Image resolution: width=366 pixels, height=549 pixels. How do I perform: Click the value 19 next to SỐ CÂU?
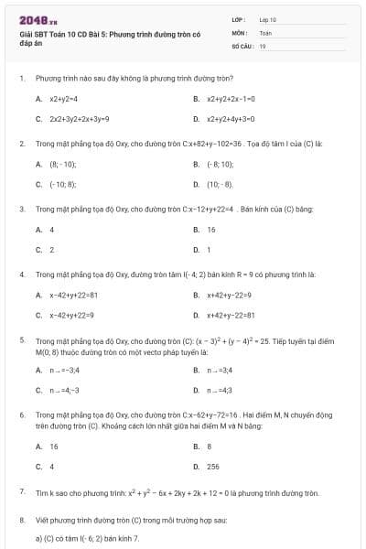pyautogui.click(x=263, y=45)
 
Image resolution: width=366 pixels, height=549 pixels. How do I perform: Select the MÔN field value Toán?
pyautogui.click(x=265, y=32)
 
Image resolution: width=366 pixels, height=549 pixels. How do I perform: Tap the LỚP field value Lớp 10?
pyautogui.click(x=267, y=19)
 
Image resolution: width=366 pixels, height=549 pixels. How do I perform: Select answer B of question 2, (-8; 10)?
pyautogui.click(x=221, y=164)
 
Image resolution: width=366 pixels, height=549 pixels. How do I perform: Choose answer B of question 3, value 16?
pyautogui.click(x=211, y=230)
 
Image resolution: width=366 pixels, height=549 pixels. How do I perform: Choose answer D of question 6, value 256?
pyautogui.click(x=213, y=467)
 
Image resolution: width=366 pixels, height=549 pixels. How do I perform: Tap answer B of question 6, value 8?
pyautogui.click(x=210, y=447)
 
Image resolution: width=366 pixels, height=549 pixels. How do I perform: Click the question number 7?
pyautogui.click(x=21, y=492)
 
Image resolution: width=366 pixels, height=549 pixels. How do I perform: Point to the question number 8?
pyautogui.click(x=21, y=520)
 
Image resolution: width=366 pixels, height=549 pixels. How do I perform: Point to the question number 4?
pyautogui.click(x=21, y=274)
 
